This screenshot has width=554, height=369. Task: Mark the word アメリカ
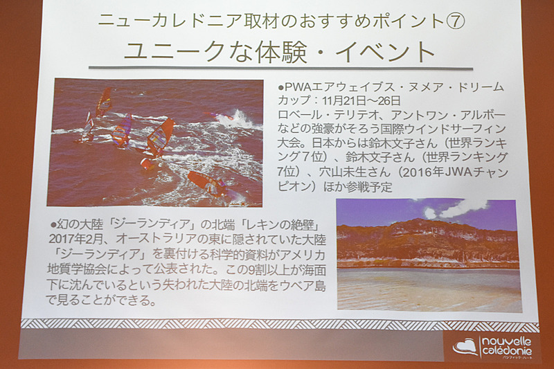point(303,255)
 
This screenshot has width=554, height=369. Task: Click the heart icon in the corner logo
point(464,346)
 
